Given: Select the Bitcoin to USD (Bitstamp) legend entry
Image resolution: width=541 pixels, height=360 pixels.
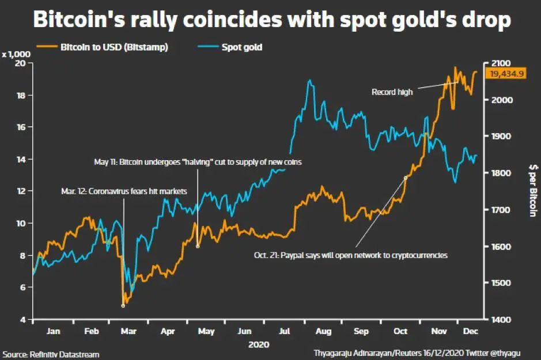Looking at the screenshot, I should point(114,47).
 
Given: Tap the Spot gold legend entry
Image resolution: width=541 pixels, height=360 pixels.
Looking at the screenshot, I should point(242,47).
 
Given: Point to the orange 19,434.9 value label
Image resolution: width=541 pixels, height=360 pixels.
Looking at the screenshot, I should point(507,73).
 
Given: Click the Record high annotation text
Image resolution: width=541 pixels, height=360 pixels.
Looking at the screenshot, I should point(392,92).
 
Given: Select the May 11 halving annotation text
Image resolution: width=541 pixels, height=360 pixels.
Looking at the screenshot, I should point(198,162).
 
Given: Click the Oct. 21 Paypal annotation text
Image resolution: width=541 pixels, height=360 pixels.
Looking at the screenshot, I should point(350,255).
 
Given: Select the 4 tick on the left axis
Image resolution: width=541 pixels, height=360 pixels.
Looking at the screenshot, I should point(23,320).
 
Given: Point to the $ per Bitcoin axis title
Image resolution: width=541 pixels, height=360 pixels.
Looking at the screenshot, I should point(532,190).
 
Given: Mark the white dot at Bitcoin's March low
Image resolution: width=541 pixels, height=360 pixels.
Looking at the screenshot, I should point(123,305).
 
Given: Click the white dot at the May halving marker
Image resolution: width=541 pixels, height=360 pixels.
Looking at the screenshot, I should point(198,247).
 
